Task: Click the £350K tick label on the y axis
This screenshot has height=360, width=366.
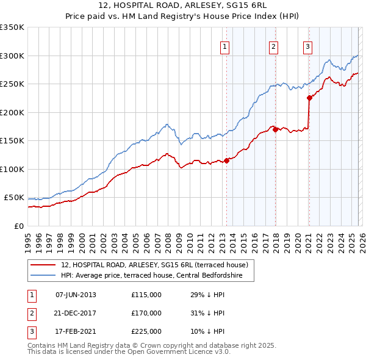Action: point(12,27)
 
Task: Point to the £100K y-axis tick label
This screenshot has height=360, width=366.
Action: point(12,169)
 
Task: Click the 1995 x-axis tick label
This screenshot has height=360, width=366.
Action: point(28,238)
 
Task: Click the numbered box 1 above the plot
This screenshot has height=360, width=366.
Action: point(224,46)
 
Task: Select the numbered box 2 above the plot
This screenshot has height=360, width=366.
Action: point(273,46)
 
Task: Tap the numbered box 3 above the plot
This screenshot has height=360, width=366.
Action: point(307,46)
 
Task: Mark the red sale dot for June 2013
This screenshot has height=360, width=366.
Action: point(226,160)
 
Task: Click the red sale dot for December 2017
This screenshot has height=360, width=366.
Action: point(275,129)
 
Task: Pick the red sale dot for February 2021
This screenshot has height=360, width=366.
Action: point(309,98)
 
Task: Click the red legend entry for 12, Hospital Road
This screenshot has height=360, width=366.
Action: point(154,265)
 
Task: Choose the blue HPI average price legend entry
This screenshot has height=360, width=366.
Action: point(151,276)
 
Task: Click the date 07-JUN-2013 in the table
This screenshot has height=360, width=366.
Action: point(76,295)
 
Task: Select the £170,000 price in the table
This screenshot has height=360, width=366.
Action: point(146,313)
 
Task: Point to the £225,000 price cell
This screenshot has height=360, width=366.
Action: point(146,331)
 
